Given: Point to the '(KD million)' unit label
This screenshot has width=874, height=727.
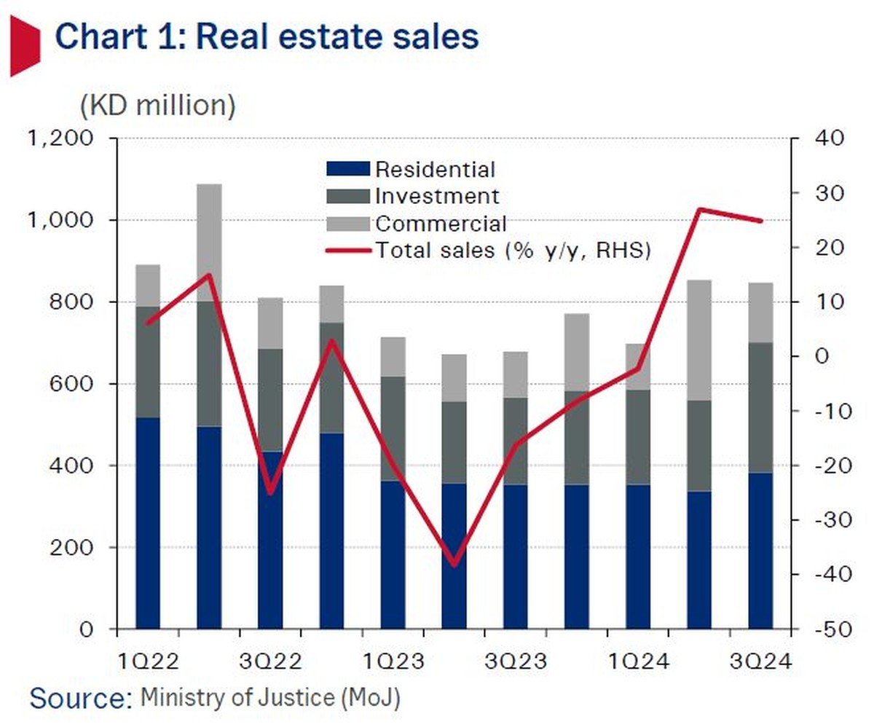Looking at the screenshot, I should [157, 106].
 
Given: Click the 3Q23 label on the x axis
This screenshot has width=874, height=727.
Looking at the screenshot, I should [516, 663].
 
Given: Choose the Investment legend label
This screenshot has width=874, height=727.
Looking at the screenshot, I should [437, 196].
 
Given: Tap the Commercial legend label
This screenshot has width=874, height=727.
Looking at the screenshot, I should [441, 223].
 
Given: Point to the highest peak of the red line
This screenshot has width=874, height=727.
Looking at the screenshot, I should [699, 210].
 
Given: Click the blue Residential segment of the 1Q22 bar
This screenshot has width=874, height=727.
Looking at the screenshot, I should [148, 521].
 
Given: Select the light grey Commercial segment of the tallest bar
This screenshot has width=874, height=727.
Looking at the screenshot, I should [209, 243].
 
